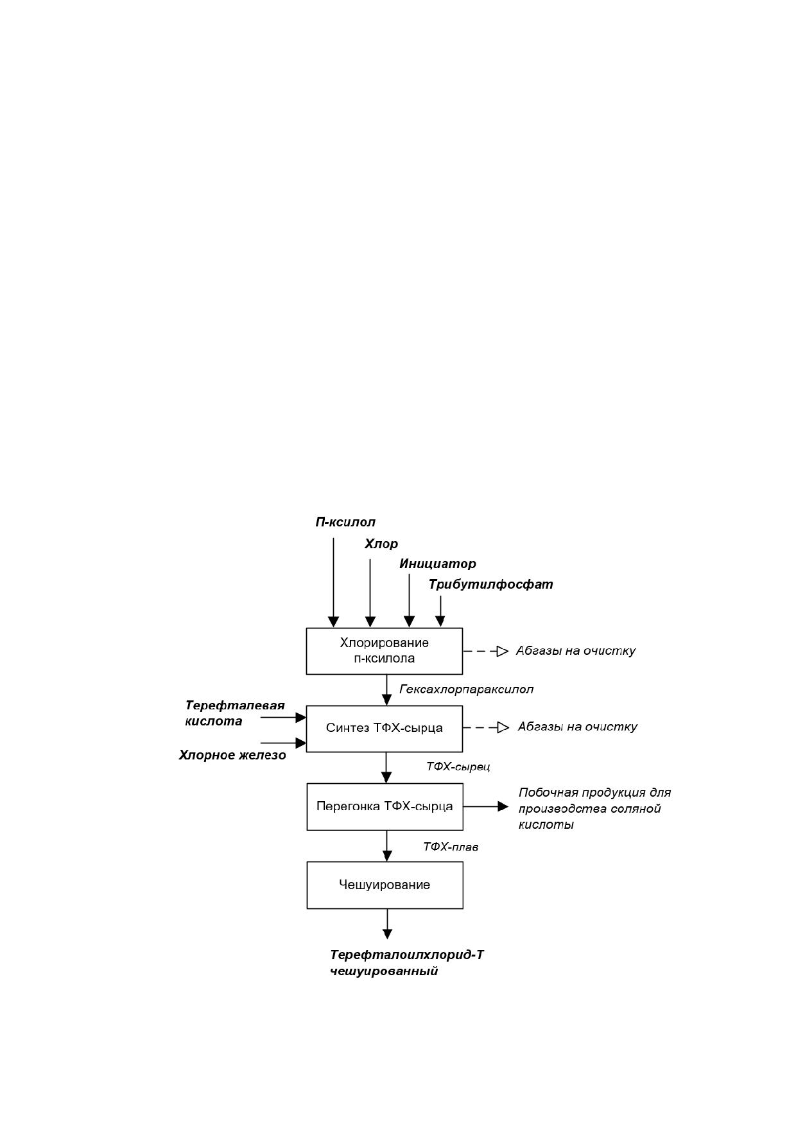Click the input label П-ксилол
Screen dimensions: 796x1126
[x=345, y=522]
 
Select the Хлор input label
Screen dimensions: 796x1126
[x=381, y=544]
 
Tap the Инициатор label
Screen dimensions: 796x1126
[x=438, y=564]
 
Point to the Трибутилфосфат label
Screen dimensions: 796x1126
[x=491, y=584]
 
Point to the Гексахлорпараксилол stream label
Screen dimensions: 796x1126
[x=467, y=689]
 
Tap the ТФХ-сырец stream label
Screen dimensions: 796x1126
[x=458, y=767]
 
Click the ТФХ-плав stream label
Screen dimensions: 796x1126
[x=451, y=847]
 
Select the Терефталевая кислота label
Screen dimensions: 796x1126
[x=235, y=713]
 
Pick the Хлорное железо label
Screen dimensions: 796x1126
[x=232, y=756]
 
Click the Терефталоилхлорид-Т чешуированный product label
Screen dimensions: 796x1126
[x=407, y=963]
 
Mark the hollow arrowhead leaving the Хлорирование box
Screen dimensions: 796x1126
[x=503, y=651]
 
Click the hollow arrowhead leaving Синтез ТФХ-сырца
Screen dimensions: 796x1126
[x=503, y=727]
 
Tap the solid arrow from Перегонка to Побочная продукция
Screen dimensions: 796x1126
[x=486, y=806]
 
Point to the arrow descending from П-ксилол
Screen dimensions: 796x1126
[x=333, y=582]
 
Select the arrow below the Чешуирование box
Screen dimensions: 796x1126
[x=387, y=924]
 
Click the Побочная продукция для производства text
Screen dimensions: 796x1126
[x=594, y=801]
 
